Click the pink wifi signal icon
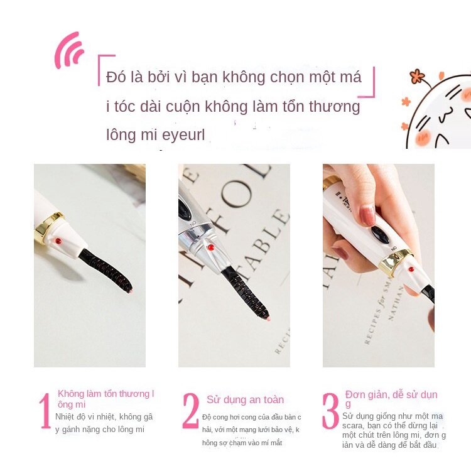(68, 51)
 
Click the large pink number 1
(45, 411)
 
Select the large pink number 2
(190, 411)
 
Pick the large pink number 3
(331, 411)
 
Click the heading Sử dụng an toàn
(245, 400)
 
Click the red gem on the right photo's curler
(411, 269)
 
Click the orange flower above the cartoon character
(417, 77)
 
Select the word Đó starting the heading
(116, 78)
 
